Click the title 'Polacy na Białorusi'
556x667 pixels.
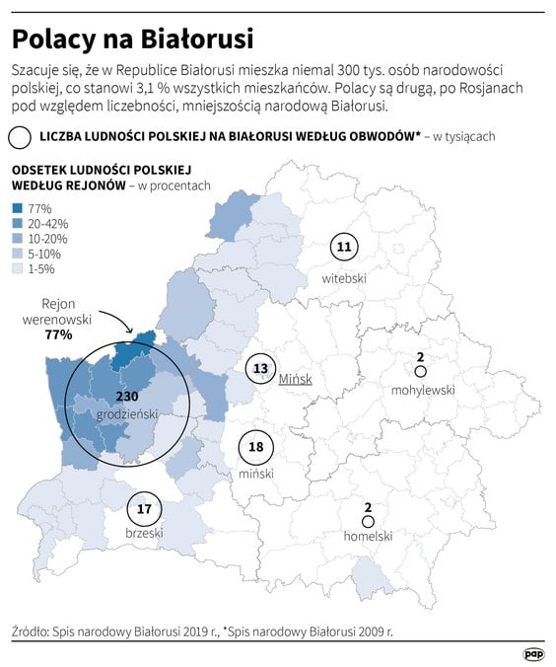(x=132, y=38)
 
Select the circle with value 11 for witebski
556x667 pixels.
(x=343, y=247)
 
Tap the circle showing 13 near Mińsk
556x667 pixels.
(x=260, y=369)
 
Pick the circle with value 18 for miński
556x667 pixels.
(x=256, y=447)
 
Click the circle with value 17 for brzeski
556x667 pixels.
(x=144, y=509)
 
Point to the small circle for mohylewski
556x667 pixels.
(x=420, y=372)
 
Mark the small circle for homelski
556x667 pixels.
(x=368, y=521)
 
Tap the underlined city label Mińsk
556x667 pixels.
(x=295, y=379)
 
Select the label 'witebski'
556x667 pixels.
(x=344, y=279)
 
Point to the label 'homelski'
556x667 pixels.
(x=368, y=537)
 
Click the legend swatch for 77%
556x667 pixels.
(x=19, y=208)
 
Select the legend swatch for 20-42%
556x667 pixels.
(x=19, y=224)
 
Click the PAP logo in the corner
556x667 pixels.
(x=533, y=653)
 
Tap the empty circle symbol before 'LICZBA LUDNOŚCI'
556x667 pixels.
(x=19, y=137)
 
